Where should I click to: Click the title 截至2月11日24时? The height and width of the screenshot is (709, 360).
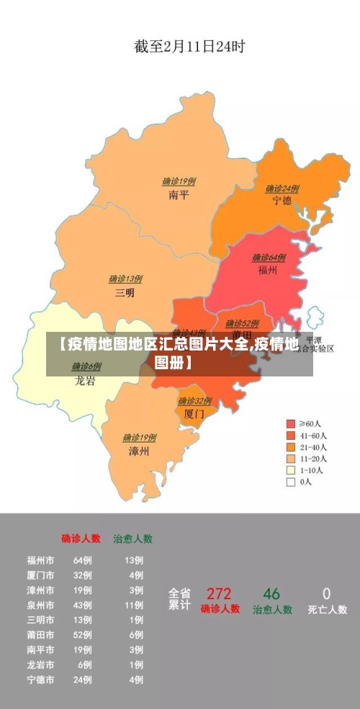click(x=190, y=47)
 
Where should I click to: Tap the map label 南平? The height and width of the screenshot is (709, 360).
click(x=179, y=194)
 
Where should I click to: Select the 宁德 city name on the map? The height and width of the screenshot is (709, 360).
click(x=282, y=201)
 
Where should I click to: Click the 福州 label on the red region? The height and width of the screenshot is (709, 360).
click(x=268, y=271)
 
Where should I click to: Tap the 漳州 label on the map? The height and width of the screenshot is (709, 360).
click(x=139, y=451)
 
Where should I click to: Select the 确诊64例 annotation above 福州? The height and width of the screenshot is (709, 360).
click(x=269, y=257)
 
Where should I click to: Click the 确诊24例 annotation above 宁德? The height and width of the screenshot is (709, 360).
click(x=282, y=189)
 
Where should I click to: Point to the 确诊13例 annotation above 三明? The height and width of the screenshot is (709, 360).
click(x=125, y=279)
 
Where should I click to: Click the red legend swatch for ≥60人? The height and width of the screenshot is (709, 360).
click(x=291, y=424)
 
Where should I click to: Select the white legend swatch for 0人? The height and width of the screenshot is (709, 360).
click(x=291, y=482)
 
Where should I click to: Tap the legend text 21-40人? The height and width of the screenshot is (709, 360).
click(x=313, y=447)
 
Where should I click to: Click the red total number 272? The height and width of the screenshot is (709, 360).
click(x=219, y=594)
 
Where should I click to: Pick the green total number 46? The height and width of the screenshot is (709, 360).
click(x=271, y=594)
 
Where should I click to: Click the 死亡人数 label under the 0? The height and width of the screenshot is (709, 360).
click(x=328, y=610)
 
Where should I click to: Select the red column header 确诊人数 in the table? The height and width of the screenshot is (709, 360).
click(x=81, y=538)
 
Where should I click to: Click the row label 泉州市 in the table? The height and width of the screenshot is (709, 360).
click(x=40, y=605)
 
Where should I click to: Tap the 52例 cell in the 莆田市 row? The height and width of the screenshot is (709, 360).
click(x=82, y=635)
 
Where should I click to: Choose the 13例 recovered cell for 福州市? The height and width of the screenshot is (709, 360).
click(x=134, y=560)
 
